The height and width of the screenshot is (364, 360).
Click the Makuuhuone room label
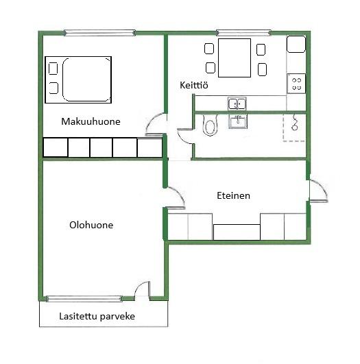(91, 121)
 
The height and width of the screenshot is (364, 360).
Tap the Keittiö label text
(194, 85)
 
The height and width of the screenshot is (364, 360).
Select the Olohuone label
(91, 225)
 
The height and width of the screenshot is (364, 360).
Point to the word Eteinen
(233, 195)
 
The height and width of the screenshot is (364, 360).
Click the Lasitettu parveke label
(97, 316)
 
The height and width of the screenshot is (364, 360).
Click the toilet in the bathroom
(210, 125)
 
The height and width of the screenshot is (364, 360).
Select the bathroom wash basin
(238, 121)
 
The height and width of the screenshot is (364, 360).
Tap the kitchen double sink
(237, 104)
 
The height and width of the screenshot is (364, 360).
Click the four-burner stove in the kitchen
(296, 84)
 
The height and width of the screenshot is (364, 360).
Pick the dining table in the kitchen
(235, 58)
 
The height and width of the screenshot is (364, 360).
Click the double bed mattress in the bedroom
(86, 80)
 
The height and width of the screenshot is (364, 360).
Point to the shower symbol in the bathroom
(295, 123)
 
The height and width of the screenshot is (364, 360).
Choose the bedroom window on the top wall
(99, 33)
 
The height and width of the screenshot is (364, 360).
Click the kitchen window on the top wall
(243, 33)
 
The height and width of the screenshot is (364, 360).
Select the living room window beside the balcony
(84, 299)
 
